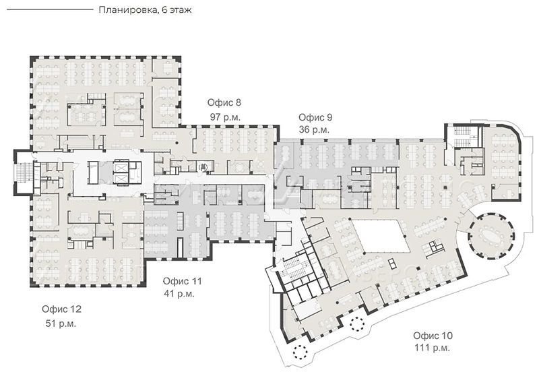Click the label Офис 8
224,102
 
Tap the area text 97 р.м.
225,117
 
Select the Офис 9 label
315,117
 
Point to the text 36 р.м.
314,130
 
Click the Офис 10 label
433,336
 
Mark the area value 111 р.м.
432,348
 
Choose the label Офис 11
182,281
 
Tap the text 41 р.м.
179,294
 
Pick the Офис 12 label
61,309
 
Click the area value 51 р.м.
61,323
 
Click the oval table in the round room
491,236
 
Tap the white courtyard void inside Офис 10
381,236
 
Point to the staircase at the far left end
24,173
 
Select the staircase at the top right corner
463,135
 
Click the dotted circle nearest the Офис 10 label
357,323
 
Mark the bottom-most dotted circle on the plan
300,351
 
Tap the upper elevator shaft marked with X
121,168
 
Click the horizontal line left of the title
50,9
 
